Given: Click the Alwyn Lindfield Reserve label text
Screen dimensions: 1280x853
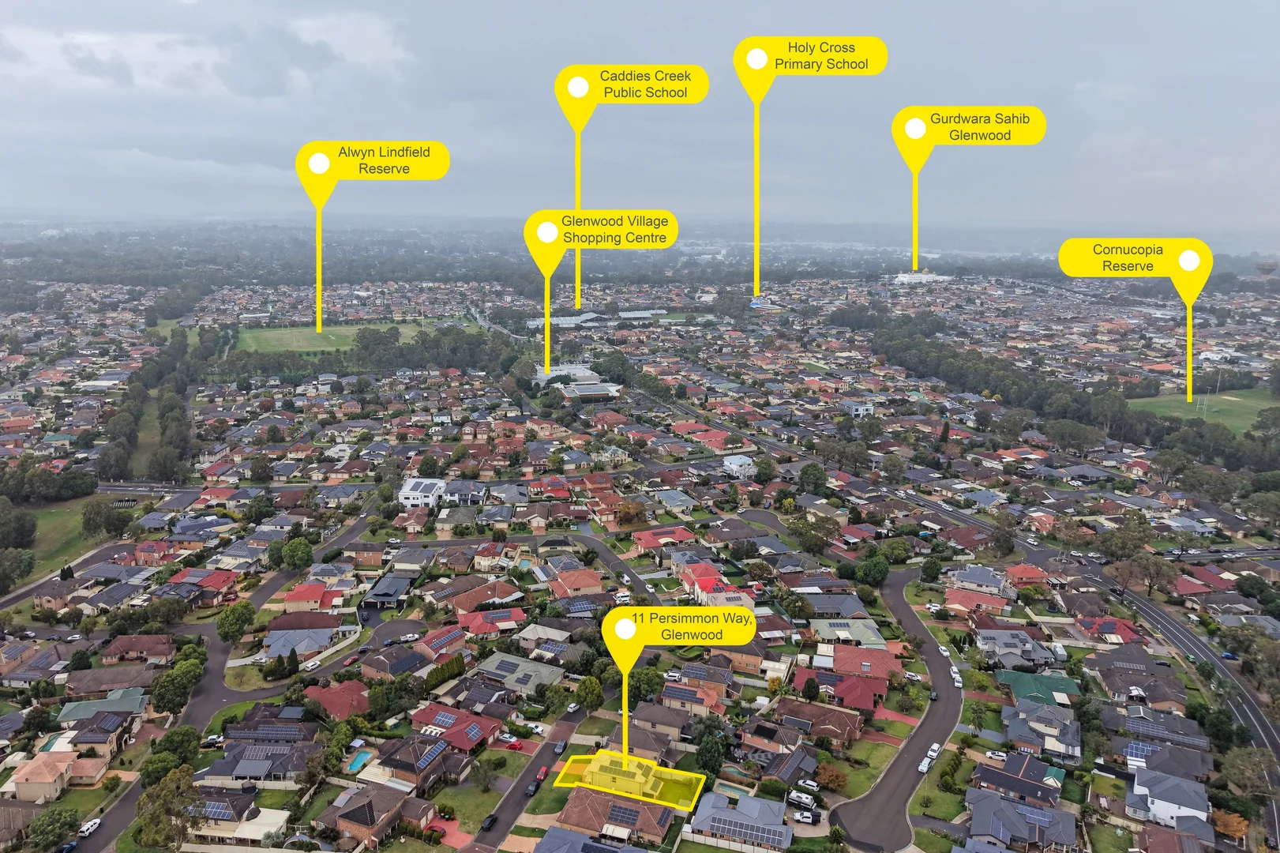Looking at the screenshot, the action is (x=384, y=160).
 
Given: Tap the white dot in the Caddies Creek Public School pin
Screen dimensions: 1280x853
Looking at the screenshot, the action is (x=578, y=88).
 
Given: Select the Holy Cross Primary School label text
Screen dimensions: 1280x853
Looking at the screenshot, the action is (x=821, y=56).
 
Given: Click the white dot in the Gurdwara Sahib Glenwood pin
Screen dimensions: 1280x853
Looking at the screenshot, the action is (x=915, y=129).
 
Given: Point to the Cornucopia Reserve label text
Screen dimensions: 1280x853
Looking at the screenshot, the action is (x=1128, y=257).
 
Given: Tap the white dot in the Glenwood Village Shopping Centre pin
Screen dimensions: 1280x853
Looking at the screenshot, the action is (x=547, y=232).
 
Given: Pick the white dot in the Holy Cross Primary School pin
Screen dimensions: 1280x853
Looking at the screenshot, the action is (x=757, y=59).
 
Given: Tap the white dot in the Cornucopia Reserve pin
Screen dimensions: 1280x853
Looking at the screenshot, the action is (x=1189, y=261).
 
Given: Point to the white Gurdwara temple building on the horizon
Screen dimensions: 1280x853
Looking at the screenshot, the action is (x=922, y=277).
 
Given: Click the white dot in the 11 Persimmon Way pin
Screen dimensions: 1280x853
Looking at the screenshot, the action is (x=625, y=629).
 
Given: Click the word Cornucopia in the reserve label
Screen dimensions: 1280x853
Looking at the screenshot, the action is (x=1128, y=250).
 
